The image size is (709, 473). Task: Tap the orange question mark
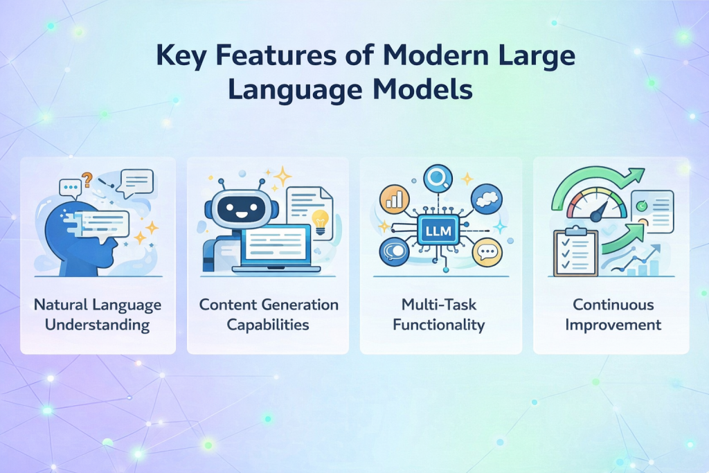point(87,181)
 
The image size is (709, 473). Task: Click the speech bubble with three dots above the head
point(71,187)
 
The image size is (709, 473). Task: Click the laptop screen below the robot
point(276,243)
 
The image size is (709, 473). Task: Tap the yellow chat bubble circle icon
point(486,253)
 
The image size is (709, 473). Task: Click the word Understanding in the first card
point(98,325)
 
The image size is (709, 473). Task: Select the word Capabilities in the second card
point(269,325)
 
